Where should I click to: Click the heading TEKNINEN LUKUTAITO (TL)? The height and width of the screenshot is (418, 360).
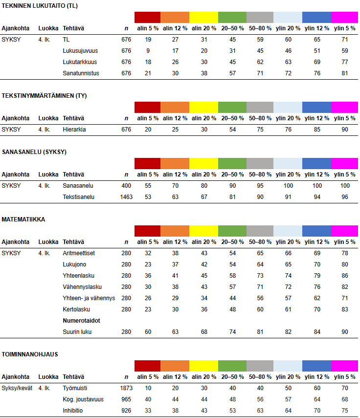40,6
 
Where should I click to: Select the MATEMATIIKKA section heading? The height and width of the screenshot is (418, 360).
23,220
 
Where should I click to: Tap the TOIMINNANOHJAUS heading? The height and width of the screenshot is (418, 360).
30,354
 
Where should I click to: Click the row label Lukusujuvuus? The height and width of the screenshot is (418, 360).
81,51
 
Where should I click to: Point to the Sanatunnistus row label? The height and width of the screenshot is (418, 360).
81,73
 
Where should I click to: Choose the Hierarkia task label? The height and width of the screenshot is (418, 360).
74,130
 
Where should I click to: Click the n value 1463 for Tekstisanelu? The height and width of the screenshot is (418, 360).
126,197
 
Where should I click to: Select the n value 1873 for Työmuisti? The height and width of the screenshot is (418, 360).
126,388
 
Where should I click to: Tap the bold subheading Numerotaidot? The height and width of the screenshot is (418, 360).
82,321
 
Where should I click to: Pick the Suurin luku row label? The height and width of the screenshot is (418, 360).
78,332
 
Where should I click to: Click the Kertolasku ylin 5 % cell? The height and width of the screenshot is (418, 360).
344,309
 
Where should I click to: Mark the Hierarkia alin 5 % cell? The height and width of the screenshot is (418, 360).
148,130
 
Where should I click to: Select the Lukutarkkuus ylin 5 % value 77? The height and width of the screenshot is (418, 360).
344,62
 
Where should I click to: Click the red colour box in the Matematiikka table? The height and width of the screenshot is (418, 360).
148,231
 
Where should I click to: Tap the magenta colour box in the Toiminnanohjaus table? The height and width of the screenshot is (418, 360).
344,366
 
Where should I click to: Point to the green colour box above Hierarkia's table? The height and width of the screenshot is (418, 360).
232,107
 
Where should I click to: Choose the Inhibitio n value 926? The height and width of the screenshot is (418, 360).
126,411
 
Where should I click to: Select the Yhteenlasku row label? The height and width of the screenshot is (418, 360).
79,276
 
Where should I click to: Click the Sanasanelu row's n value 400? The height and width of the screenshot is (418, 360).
126,186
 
